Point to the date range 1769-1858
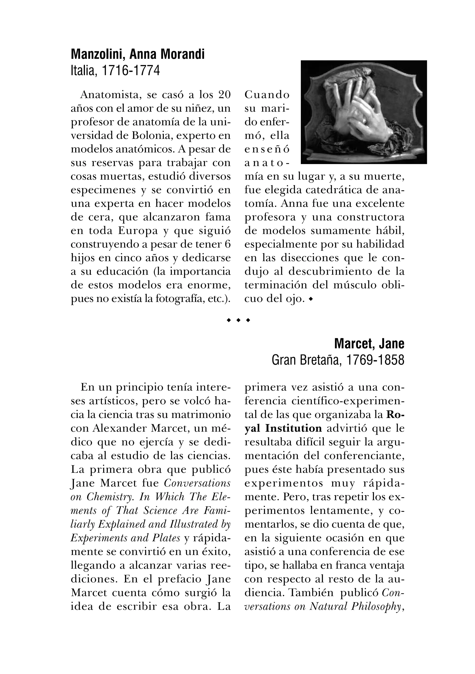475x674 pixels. coord(375,360)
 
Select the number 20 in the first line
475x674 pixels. coord(224,95)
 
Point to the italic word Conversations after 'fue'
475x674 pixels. coord(197,483)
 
